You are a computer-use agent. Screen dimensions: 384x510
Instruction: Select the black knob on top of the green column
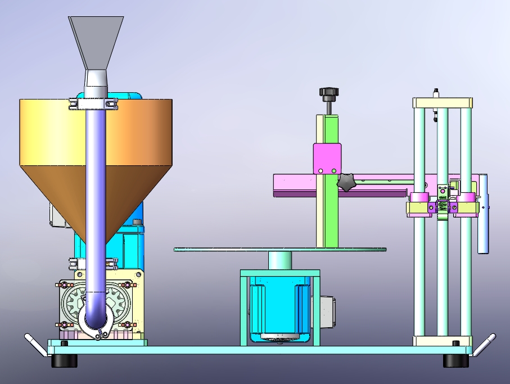tap(327, 92)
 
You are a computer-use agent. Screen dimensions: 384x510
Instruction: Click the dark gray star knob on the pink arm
tap(347, 182)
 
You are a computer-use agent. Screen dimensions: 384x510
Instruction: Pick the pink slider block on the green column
tap(327, 159)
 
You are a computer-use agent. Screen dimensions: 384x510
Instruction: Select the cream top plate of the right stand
tap(442, 103)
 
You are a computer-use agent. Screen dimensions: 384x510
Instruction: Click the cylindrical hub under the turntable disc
tap(279, 260)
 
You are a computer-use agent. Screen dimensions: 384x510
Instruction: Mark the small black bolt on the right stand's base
tap(456, 343)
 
